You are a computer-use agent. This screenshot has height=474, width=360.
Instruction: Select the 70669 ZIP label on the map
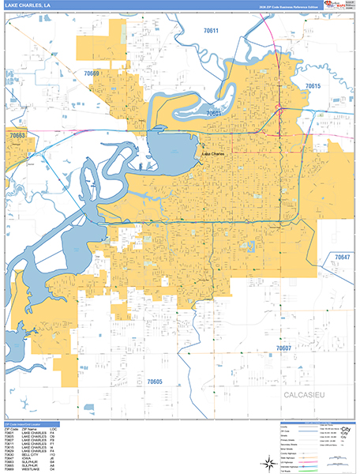click(92, 73)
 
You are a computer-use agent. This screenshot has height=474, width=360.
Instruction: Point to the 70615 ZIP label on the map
click(313, 86)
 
